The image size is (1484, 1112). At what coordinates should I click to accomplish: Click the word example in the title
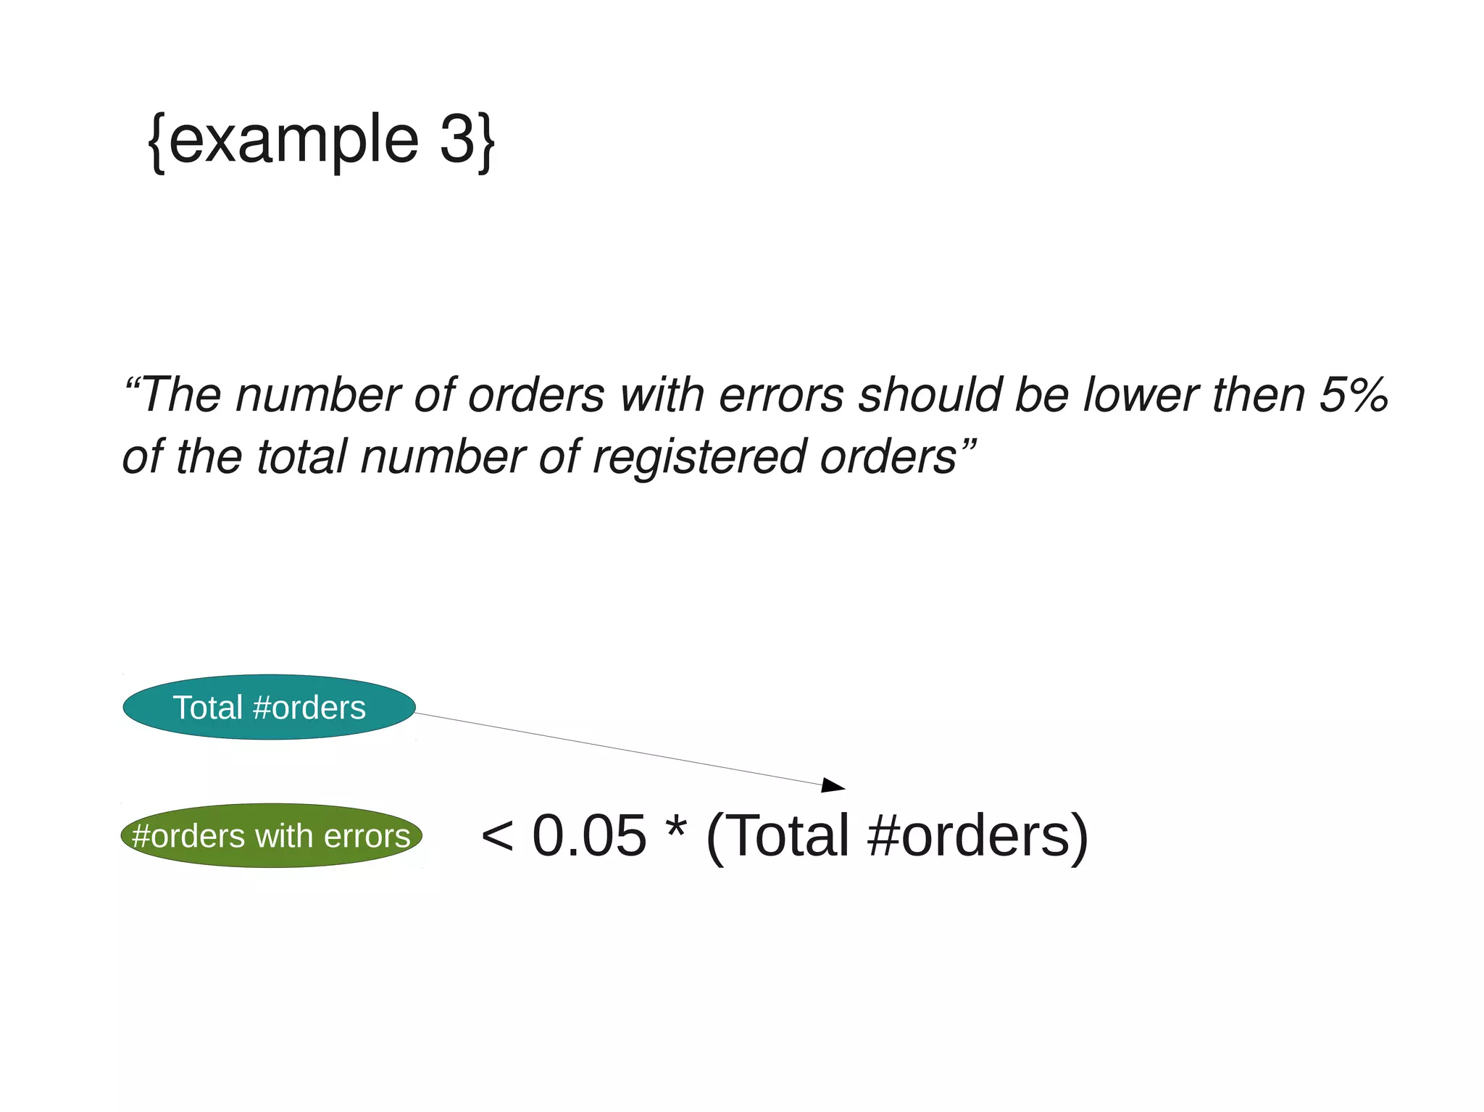(293, 141)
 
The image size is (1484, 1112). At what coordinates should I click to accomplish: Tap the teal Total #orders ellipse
(270, 707)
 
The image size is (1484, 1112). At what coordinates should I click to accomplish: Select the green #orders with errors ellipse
(271, 835)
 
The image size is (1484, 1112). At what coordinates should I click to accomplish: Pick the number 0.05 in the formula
(588, 835)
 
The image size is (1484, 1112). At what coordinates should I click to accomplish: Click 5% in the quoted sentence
(1354, 395)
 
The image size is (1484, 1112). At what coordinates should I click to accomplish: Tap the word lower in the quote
(1141, 395)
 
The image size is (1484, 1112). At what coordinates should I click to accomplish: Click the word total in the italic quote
(301, 457)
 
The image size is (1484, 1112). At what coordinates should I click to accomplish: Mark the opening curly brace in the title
(157, 141)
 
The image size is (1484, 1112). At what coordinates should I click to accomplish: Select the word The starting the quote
(180, 395)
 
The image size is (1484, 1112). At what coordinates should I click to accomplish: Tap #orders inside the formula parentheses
(967, 835)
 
